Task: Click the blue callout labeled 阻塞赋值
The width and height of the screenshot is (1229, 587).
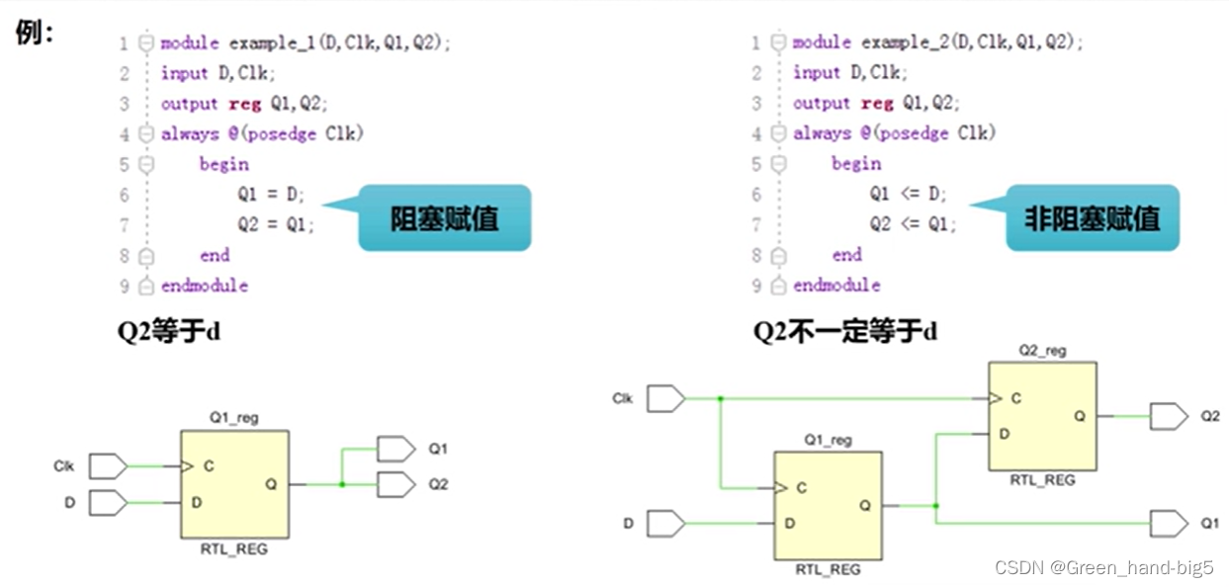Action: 444,217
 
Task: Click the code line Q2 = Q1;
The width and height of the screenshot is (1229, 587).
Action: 276,224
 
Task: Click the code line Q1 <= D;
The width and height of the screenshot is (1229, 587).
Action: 908,194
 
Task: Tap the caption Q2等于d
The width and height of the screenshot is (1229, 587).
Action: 169,331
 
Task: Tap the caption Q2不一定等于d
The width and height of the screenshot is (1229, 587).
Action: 845,331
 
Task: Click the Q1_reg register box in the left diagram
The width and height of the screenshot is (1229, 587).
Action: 234,484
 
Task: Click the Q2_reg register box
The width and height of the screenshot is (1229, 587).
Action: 1042,416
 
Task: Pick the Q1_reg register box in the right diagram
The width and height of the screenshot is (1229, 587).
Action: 828,506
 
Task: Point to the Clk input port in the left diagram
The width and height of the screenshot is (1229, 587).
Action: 108,465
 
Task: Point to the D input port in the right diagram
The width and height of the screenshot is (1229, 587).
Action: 665,523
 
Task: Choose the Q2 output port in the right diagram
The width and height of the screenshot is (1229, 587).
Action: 1168,416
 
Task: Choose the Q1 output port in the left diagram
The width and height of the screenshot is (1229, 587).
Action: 395,449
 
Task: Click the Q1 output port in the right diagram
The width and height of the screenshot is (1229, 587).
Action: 1168,523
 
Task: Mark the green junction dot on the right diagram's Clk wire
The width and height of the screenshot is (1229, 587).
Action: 721,399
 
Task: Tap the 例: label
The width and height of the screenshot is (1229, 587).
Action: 35,33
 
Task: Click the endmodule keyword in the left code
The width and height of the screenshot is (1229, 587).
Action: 205,286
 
